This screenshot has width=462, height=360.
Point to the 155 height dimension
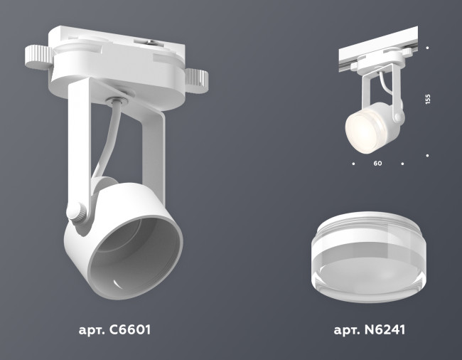428,100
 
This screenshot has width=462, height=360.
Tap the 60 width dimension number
377,164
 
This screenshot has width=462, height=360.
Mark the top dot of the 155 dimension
427,48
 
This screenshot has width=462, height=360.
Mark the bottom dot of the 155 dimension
427,154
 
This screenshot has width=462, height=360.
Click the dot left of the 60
353,164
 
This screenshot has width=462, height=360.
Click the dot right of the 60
402,164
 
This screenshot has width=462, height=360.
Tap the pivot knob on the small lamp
399,114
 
